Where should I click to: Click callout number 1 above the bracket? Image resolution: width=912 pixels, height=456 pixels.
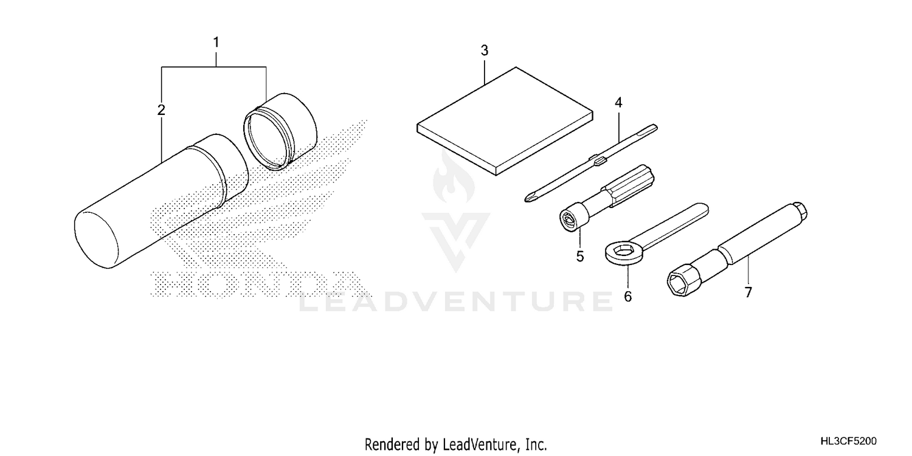(x=216, y=43)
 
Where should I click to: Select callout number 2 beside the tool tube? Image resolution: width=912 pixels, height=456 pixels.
(x=161, y=110)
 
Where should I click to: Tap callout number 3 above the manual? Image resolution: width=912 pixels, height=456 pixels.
(x=484, y=50)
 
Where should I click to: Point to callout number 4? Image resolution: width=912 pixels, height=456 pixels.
(x=618, y=103)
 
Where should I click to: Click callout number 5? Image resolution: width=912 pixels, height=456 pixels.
(x=580, y=257)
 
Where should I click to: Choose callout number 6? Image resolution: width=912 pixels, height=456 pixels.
(x=628, y=297)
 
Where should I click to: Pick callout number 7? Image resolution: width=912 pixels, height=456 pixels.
(x=748, y=292)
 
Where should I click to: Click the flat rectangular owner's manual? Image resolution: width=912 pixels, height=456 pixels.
(x=505, y=122)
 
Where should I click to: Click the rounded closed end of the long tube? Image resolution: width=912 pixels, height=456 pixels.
(x=95, y=240)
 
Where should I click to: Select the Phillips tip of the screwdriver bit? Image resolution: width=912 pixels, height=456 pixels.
(x=530, y=198)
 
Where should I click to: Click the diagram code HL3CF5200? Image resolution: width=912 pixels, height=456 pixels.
(x=849, y=441)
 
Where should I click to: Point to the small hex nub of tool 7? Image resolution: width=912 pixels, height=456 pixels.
(x=800, y=210)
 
